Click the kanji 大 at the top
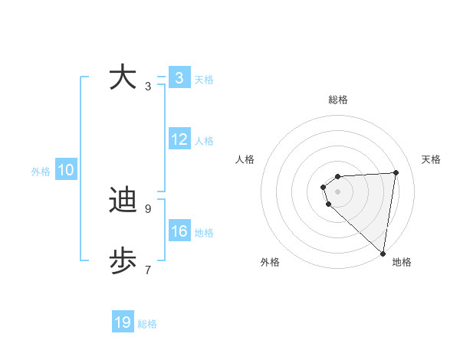click(x=123, y=77)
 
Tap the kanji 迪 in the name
click(x=123, y=200)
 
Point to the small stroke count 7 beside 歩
click(x=147, y=270)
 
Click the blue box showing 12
click(x=179, y=139)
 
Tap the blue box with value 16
click(x=179, y=231)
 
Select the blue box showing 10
click(x=66, y=171)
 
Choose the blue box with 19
click(x=123, y=322)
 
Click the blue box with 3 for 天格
click(x=179, y=78)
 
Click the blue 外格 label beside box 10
click(x=41, y=172)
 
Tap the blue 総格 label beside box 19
click(x=147, y=324)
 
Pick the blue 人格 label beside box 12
click(x=204, y=141)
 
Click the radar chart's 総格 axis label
click(x=338, y=100)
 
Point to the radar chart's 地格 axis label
click(x=402, y=262)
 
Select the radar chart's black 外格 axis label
click(x=270, y=262)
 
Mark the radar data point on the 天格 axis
click(x=396, y=172)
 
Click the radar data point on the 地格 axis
click(x=383, y=253)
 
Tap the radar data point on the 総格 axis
click(x=338, y=176)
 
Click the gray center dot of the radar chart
click(x=338, y=191)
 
